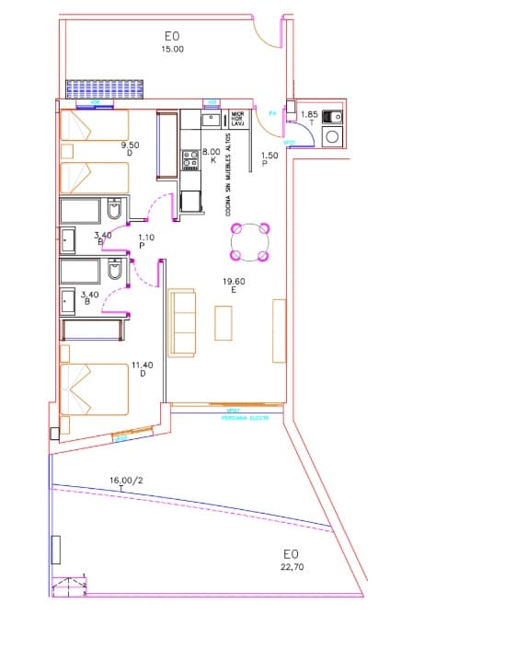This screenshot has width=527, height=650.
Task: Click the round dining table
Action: [250, 242]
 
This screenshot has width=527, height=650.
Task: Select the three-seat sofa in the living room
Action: [183, 321]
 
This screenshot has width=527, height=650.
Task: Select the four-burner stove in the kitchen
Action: [190, 160]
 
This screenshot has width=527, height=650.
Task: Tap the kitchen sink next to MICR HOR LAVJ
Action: [213, 120]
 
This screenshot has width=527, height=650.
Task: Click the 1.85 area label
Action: [308, 115]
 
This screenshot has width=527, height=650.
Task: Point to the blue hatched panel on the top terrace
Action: [105, 89]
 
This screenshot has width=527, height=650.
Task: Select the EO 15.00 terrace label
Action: [172, 42]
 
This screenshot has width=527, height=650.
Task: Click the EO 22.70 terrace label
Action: [292, 560]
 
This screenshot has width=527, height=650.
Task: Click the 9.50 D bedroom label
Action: [130, 148]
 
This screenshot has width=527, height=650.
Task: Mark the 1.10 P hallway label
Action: [146, 242]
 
